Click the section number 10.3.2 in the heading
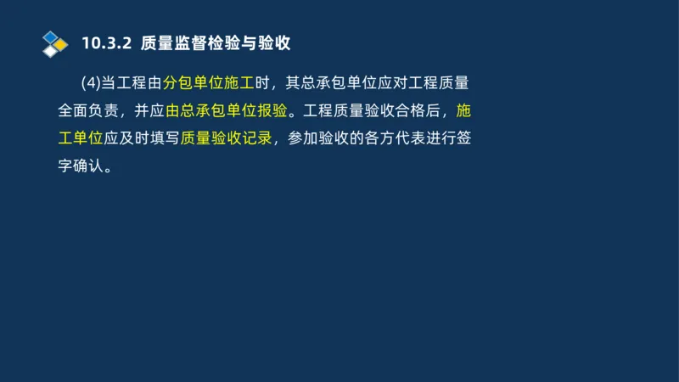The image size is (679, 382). [104, 42]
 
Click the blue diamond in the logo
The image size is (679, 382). [51, 37]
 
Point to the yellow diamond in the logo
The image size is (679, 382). [60, 44]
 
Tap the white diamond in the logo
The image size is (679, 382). [51, 51]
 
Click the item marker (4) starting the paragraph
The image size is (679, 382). [91, 83]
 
